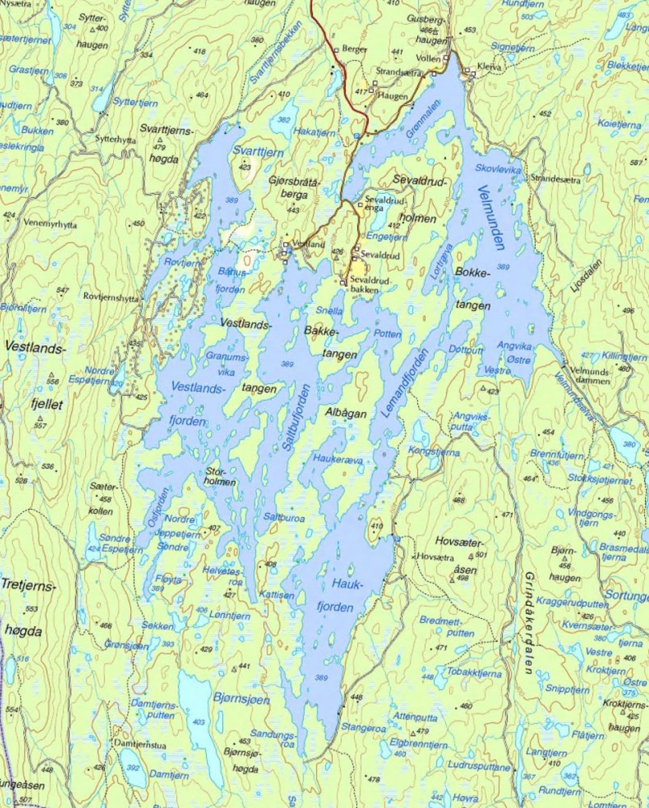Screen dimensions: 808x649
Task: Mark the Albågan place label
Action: [x=346, y=412]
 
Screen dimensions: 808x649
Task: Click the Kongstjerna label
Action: [x=434, y=452]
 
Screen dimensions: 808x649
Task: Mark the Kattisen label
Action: [x=276, y=594]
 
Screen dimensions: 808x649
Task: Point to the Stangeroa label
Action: [x=364, y=726]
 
